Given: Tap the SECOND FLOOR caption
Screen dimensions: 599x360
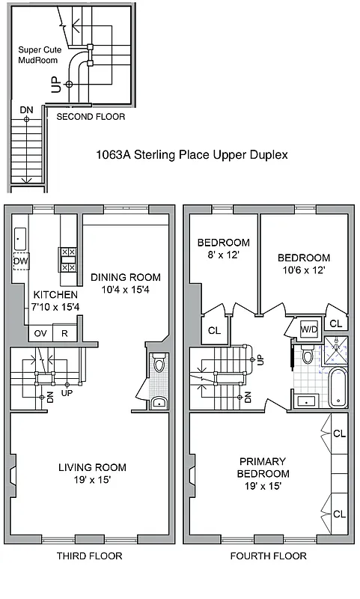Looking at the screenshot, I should click(91, 117).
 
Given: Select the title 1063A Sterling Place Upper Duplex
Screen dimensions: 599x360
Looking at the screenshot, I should click(192, 155).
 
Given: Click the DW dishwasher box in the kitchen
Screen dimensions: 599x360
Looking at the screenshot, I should click(20, 261).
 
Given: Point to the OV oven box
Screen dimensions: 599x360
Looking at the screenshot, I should click(41, 333).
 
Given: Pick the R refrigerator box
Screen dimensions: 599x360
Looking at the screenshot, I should click(65, 333).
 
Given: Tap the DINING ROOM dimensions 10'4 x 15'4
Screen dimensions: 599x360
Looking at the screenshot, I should click(126, 289).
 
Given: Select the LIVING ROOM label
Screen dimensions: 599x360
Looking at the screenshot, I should click(92, 467).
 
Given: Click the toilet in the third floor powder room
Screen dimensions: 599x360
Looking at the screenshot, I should click(158, 365).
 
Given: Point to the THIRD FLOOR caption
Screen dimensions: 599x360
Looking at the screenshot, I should click(89, 556).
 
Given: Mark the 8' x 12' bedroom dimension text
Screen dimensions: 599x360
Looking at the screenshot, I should click(223, 255).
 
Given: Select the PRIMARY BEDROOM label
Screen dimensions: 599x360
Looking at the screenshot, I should click(263, 468).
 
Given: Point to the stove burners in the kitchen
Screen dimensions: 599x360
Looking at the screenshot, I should click(66, 259).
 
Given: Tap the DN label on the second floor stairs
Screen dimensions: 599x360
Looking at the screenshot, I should click(26, 110).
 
